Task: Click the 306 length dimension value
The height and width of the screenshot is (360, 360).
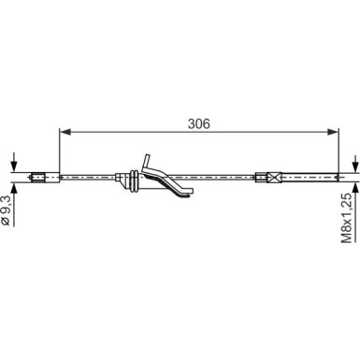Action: [199, 124]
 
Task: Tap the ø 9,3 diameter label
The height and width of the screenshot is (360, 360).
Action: [7, 210]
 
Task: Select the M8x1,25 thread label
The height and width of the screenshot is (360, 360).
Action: [347, 218]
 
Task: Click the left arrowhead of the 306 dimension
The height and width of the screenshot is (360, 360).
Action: [65, 132]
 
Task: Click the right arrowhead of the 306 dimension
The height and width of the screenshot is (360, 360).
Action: [332, 132]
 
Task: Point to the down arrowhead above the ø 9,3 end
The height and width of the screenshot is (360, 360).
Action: [14, 166]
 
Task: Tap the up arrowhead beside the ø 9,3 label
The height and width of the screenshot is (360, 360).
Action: [14, 189]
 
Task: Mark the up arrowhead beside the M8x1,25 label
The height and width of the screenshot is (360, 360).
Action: [355, 188]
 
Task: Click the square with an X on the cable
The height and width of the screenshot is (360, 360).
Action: [273, 178]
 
